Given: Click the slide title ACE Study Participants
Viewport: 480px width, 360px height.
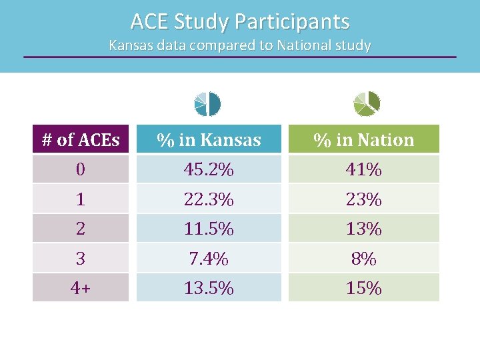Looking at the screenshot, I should (240, 21).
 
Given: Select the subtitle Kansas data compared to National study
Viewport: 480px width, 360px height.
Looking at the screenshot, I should (240, 45).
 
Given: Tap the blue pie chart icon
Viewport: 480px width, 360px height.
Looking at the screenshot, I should (207, 103).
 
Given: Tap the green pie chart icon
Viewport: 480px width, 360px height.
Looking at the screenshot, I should (366, 103).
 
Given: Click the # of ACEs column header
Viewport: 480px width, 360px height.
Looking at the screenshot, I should (81, 140).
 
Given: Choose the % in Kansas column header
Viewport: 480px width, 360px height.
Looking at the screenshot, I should (209, 140).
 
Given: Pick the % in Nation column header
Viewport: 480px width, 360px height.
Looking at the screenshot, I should (364, 140).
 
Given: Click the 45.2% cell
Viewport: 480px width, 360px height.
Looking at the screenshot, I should (209, 170).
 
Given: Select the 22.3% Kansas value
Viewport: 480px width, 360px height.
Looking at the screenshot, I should (209, 199).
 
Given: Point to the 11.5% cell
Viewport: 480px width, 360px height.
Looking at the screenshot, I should (209, 229).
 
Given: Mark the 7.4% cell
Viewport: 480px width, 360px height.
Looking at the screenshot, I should (209, 258).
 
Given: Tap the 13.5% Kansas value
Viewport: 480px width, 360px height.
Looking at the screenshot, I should (209, 288).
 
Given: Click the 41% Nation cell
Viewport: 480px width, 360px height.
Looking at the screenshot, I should (364, 170).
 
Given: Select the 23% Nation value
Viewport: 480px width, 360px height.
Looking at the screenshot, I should (364, 199).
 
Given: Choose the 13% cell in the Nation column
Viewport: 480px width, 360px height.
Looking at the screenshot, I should (364, 229).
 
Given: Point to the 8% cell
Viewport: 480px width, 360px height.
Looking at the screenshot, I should (364, 258).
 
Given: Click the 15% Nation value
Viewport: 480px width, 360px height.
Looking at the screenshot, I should (364, 288).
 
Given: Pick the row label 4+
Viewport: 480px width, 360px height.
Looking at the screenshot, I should (81, 288).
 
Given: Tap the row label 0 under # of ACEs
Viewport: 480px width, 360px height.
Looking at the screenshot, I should (81, 170).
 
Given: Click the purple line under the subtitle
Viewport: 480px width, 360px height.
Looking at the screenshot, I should (240, 57).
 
